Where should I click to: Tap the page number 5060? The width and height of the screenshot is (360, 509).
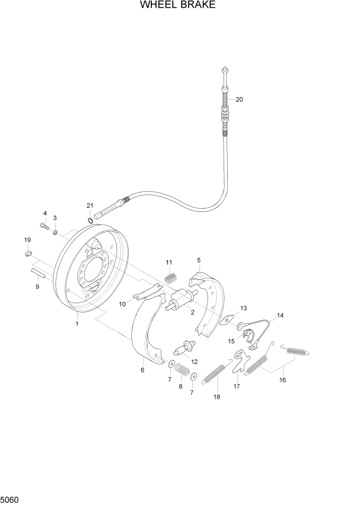click(x=11, y=498)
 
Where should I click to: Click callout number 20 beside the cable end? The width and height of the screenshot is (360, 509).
click(x=239, y=100)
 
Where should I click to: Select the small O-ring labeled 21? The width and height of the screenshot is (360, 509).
click(x=90, y=221)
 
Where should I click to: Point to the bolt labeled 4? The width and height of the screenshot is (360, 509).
click(x=43, y=225)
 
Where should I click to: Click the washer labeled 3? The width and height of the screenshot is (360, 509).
click(x=55, y=232)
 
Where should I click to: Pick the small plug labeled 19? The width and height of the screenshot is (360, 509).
click(x=29, y=253)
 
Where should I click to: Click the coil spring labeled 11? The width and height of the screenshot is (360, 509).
click(x=170, y=278)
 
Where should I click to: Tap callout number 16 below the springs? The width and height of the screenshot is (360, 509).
click(x=282, y=380)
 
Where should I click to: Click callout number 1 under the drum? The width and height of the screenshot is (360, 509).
click(x=77, y=324)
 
